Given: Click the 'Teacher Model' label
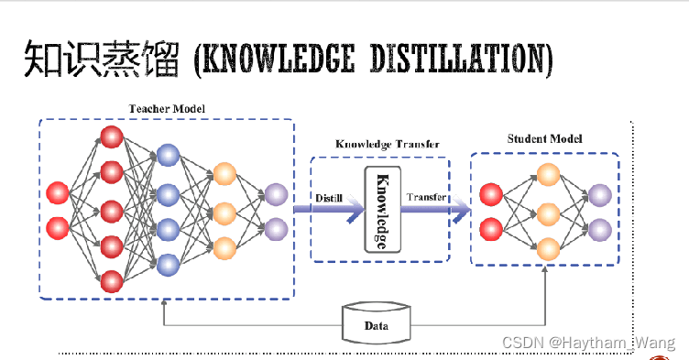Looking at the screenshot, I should coord(167,108).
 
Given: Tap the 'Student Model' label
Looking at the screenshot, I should coord(545,139).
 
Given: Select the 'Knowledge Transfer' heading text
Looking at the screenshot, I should coord(388,144).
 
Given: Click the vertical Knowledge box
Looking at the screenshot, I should coord(379,210).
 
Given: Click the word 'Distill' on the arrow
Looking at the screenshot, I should coord(329,198).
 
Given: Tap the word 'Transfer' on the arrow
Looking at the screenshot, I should coord(428,198).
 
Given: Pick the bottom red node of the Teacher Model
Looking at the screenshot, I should coord(112,279).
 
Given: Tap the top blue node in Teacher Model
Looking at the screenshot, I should coord(168,155).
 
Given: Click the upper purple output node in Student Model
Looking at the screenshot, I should coord(599,194).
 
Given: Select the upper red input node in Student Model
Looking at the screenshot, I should coord(491,194).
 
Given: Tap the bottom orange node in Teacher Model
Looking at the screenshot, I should coord(224,247).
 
